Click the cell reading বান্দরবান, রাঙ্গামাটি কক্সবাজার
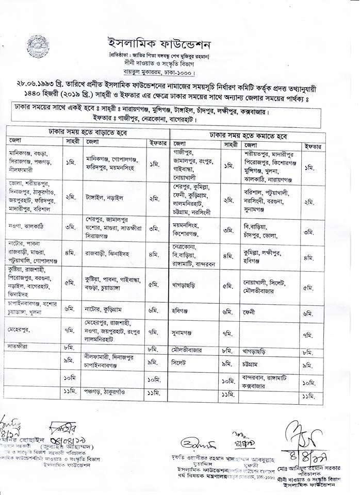(269, 381)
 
